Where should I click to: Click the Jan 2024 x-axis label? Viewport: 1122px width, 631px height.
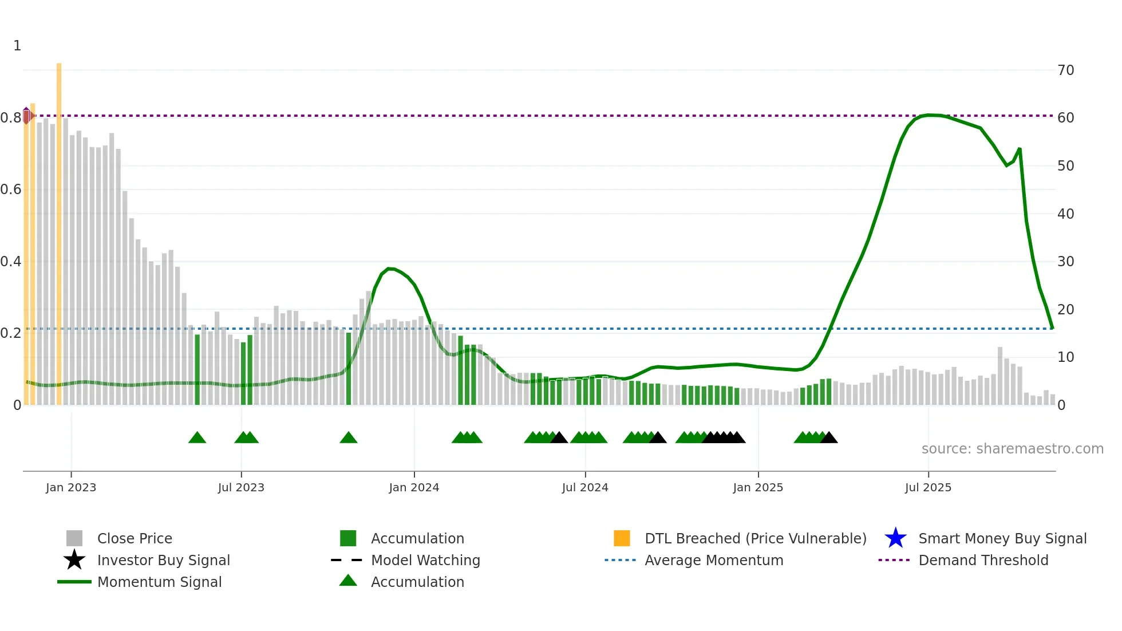tap(414, 488)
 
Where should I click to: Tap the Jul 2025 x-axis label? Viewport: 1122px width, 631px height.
tap(928, 488)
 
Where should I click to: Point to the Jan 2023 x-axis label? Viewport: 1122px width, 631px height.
tap(71, 488)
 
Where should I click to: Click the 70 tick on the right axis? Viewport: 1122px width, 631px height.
tap(1065, 70)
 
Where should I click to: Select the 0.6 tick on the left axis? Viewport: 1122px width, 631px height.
tap(11, 190)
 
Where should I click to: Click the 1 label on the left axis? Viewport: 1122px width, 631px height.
tap(17, 46)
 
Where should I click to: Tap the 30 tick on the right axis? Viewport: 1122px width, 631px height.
tap(1065, 262)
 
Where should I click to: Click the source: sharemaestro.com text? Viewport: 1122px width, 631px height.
tap(1012, 449)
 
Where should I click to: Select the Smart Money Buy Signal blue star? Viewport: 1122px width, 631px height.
tap(895, 538)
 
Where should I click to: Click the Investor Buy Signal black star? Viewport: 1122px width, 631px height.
tap(74, 560)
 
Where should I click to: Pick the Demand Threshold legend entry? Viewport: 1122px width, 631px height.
tap(983, 560)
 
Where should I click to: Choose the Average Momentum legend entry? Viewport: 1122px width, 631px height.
tap(713, 560)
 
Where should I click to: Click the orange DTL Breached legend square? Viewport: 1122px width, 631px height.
tap(622, 538)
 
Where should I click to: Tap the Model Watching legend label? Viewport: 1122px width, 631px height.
tap(425, 560)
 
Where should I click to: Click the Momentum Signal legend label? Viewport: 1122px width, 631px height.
tap(159, 582)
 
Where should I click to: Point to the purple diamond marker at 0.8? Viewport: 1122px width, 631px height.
tap(26, 116)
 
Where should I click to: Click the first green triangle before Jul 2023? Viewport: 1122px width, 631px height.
tap(197, 438)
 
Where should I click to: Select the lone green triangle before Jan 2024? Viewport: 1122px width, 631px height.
tap(348, 438)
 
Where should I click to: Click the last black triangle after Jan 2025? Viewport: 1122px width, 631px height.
tap(828, 438)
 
